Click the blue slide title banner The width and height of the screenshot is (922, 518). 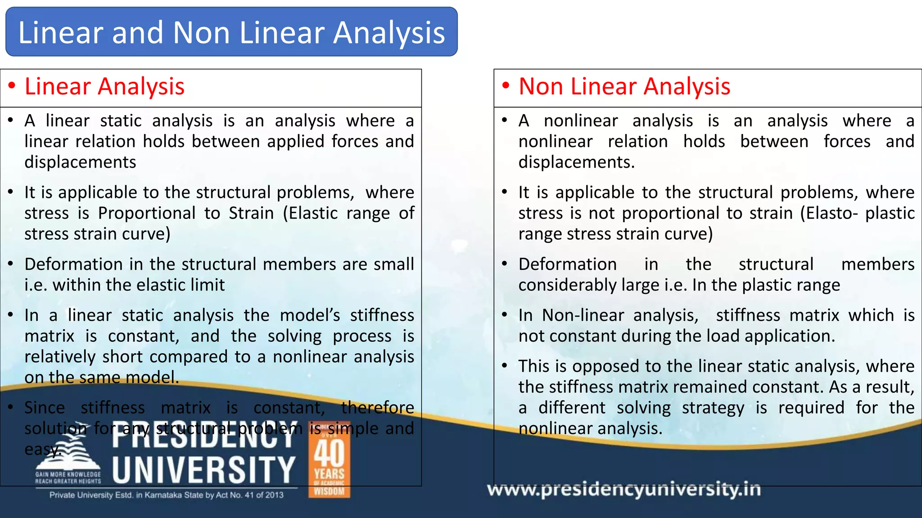(231, 32)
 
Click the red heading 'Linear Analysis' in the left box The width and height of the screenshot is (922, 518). (104, 86)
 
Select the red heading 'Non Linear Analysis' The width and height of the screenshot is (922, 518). (624, 86)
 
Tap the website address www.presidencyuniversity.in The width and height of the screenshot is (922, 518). (624, 489)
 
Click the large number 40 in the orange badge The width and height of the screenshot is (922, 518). (329, 453)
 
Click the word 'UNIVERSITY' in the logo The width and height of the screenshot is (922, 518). (203, 470)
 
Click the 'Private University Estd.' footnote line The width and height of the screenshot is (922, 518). (167, 495)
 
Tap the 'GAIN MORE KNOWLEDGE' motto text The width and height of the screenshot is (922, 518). (68, 474)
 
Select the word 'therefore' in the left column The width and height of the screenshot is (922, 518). (377, 408)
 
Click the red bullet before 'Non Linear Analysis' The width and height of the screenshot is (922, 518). (506, 85)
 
